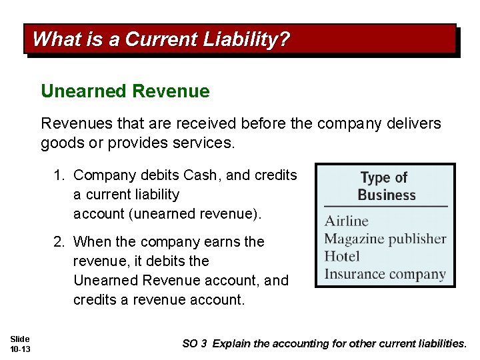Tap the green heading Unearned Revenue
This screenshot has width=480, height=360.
click(x=125, y=91)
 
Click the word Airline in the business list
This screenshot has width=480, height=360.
click(x=346, y=221)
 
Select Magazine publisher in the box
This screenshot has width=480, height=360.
click(x=385, y=238)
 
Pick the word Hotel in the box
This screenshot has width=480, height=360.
click(x=341, y=256)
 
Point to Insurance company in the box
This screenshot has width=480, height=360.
click(x=385, y=274)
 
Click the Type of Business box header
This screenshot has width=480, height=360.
click(x=385, y=186)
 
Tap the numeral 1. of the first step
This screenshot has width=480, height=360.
click(x=60, y=175)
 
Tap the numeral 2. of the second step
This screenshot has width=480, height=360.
click(x=60, y=241)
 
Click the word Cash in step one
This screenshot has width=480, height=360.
click(x=201, y=175)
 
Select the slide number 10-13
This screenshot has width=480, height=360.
click(x=20, y=349)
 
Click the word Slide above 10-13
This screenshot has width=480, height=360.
click(x=19, y=339)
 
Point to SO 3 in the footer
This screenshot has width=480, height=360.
click(x=195, y=344)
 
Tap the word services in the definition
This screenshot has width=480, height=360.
click(x=200, y=143)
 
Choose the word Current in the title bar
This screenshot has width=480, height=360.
click(x=159, y=39)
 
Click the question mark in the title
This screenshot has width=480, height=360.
click(x=285, y=39)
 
